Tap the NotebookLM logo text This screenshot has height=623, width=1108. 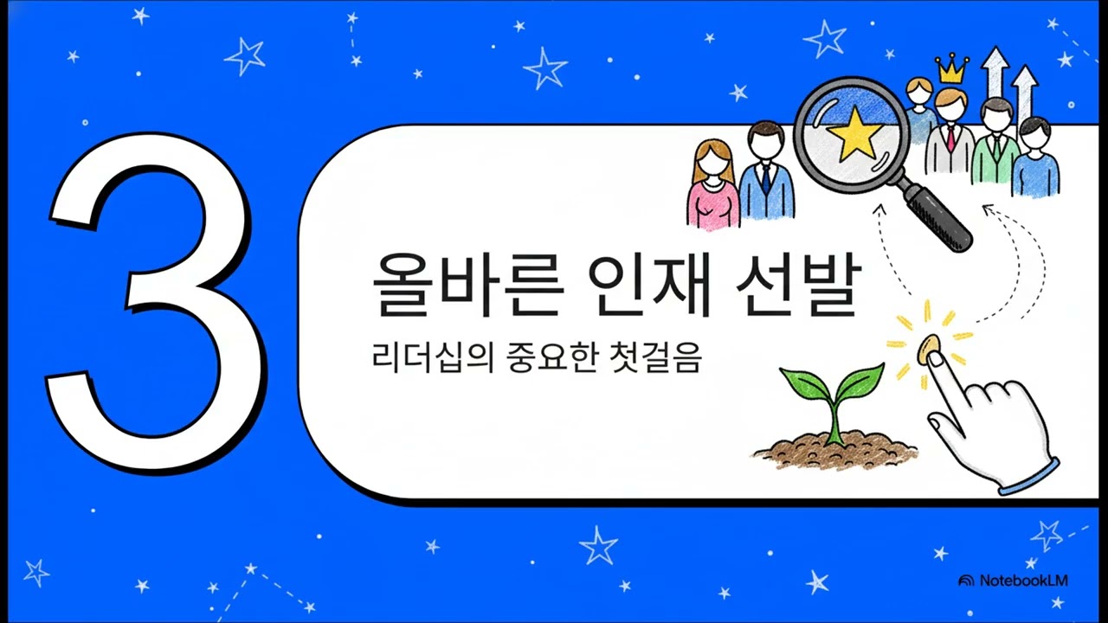coord(1022,581)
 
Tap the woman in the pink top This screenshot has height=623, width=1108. coord(713,186)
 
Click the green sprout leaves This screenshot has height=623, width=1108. coord(831,385)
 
